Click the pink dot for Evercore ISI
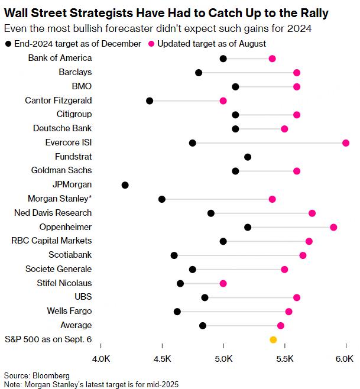point(346,142)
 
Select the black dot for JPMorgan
point(125,185)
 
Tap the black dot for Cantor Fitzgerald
point(150,101)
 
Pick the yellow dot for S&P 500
point(273,339)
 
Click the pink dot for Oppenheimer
point(333,227)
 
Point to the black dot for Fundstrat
point(248,157)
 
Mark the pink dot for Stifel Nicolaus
point(223,283)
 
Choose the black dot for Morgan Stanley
point(162,199)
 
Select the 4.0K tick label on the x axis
point(100,359)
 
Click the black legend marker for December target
point(8,43)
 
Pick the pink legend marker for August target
point(152,43)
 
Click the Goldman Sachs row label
point(61,170)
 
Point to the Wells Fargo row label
point(69,311)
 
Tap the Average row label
point(76,325)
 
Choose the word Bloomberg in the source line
point(51,375)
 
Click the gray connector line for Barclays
point(248,72)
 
